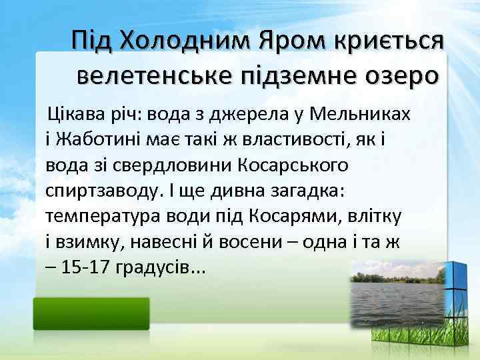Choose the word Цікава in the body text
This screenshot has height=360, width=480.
[73, 114]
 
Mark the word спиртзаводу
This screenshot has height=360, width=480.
[99, 192]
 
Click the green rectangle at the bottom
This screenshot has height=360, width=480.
[92, 313]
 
